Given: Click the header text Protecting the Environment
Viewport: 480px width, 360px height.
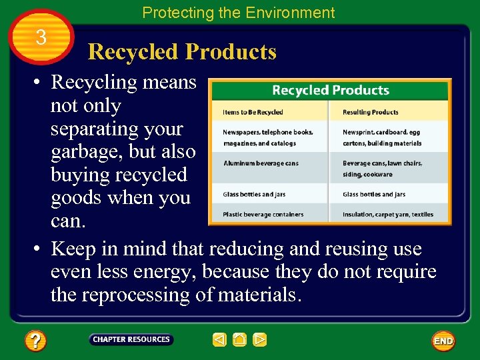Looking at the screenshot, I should pyautogui.click(x=239, y=13).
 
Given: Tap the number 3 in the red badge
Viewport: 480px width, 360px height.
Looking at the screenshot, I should pyautogui.click(x=41, y=38).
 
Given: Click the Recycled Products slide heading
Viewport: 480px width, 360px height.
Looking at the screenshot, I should pyautogui.click(x=182, y=52).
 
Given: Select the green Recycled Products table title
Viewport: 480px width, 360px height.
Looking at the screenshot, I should pyautogui.click(x=330, y=90).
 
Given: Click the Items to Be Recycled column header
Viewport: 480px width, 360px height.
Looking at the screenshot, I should pyautogui.click(x=253, y=112).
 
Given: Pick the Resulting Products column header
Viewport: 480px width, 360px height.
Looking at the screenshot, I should pyautogui.click(x=371, y=112).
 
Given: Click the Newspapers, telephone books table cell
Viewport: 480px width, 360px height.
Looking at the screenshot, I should pyautogui.click(x=268, y=137).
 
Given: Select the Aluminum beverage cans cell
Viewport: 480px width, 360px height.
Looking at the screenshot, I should pyautogui.click(x=261, y=163).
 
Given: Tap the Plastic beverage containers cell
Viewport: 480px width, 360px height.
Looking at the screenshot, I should pyautogui.click(x=263, y=215).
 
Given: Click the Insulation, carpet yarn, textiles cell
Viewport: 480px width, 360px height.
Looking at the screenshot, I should pyautogui.click(x=388, y=215).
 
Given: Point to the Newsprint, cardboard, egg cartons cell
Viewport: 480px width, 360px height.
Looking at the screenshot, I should pyautogui.click(x=382, y=137).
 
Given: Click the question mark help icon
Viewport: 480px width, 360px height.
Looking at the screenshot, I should pyautogui.click(x=35, y=341).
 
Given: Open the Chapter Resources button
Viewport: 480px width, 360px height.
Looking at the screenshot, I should pyautogui.click(x=131, y=340).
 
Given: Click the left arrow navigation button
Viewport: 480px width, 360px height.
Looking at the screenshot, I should pyautogui.click(x=219, y=340).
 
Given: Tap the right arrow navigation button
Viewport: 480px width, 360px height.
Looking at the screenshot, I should pyautogui.click(x=260, y=340).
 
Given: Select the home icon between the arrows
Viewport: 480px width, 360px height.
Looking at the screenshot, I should pyautogui.click(x=240, y=340).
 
